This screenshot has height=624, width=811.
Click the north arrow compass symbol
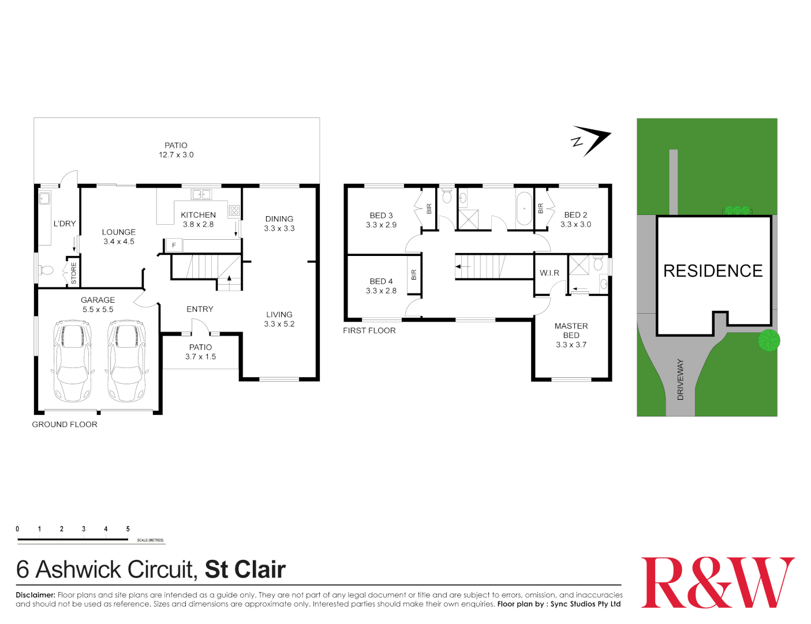[591, 140]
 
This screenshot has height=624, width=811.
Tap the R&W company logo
[717, 582]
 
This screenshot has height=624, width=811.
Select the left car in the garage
[72, 361]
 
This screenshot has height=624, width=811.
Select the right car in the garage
[126, 361]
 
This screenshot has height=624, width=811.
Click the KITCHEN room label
[198, 215]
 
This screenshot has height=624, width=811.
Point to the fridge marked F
[174, 246]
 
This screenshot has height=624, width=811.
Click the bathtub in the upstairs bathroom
[524, 209]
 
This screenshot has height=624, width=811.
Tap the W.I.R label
[549, 273]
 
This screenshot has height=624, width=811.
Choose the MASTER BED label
[571, 330]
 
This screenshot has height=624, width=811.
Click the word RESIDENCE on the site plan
[713, 271]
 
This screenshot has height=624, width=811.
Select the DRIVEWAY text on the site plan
[680, 380]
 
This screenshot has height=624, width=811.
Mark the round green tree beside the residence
[769, 340]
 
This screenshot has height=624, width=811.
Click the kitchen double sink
[201, 195]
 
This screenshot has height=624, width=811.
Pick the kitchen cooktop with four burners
[234, 210]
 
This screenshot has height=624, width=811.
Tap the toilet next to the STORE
[46, 270]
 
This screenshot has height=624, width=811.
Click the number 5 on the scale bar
[128, 529]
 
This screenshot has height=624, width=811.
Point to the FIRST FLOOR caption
[369, 330]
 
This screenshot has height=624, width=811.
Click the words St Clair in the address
[245, 570]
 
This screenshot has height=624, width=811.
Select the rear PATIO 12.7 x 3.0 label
[176, 150]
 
